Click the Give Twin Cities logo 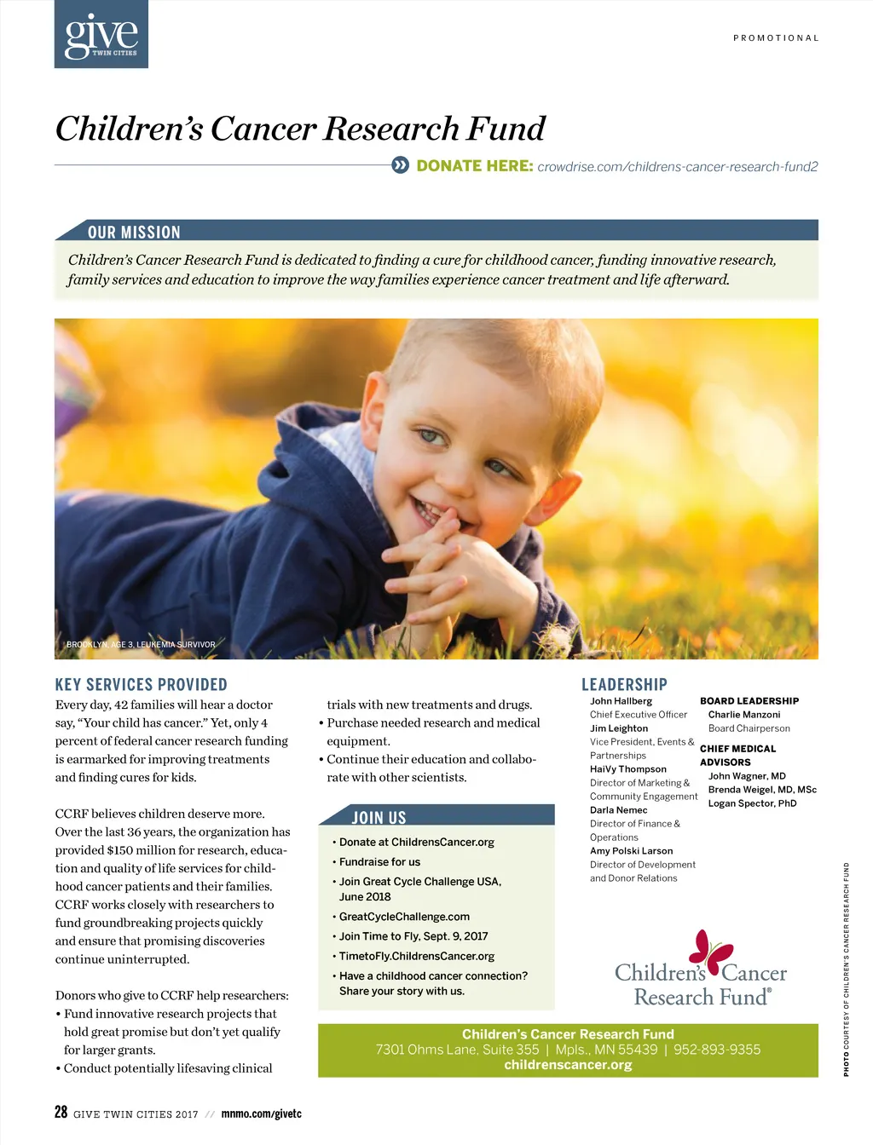(x=101, y=35)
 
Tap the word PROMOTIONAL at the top (x=776, y=38)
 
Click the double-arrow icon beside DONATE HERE (x=401, y=165)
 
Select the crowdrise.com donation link (x=677, y=167)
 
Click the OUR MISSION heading (x=134, y=233)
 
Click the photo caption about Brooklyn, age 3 (x=141, y=645)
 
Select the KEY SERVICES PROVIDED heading (x=142, y=685)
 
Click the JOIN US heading (x=379, y=818)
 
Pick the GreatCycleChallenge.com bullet (x=404, y=917)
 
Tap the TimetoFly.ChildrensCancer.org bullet (x=416, y=957)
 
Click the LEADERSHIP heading (x=624, y=685)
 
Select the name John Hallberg (x=621, y=701)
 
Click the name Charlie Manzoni (x=744, y=715)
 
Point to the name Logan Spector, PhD (x=752, y=803)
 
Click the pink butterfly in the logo (x=711, y=951)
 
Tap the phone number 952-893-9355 (x=717, y=1050)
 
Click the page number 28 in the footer (x=61, y=1112)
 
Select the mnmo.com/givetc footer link (x=261, y=1114)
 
